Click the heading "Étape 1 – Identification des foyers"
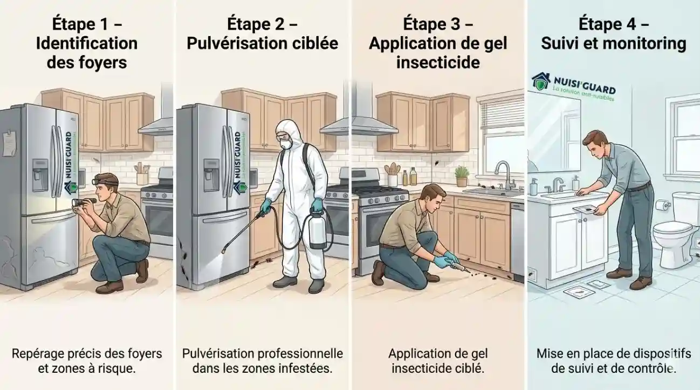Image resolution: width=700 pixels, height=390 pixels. point(87,43)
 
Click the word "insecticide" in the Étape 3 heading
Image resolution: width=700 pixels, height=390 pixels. point(438,62)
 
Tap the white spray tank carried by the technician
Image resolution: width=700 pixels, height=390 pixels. point(317,231)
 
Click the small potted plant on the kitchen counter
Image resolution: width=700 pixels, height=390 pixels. point(462,175)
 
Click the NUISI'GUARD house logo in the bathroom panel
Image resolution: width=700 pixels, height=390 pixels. point(541,81)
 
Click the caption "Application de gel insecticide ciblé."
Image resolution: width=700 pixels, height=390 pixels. point(437,361)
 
